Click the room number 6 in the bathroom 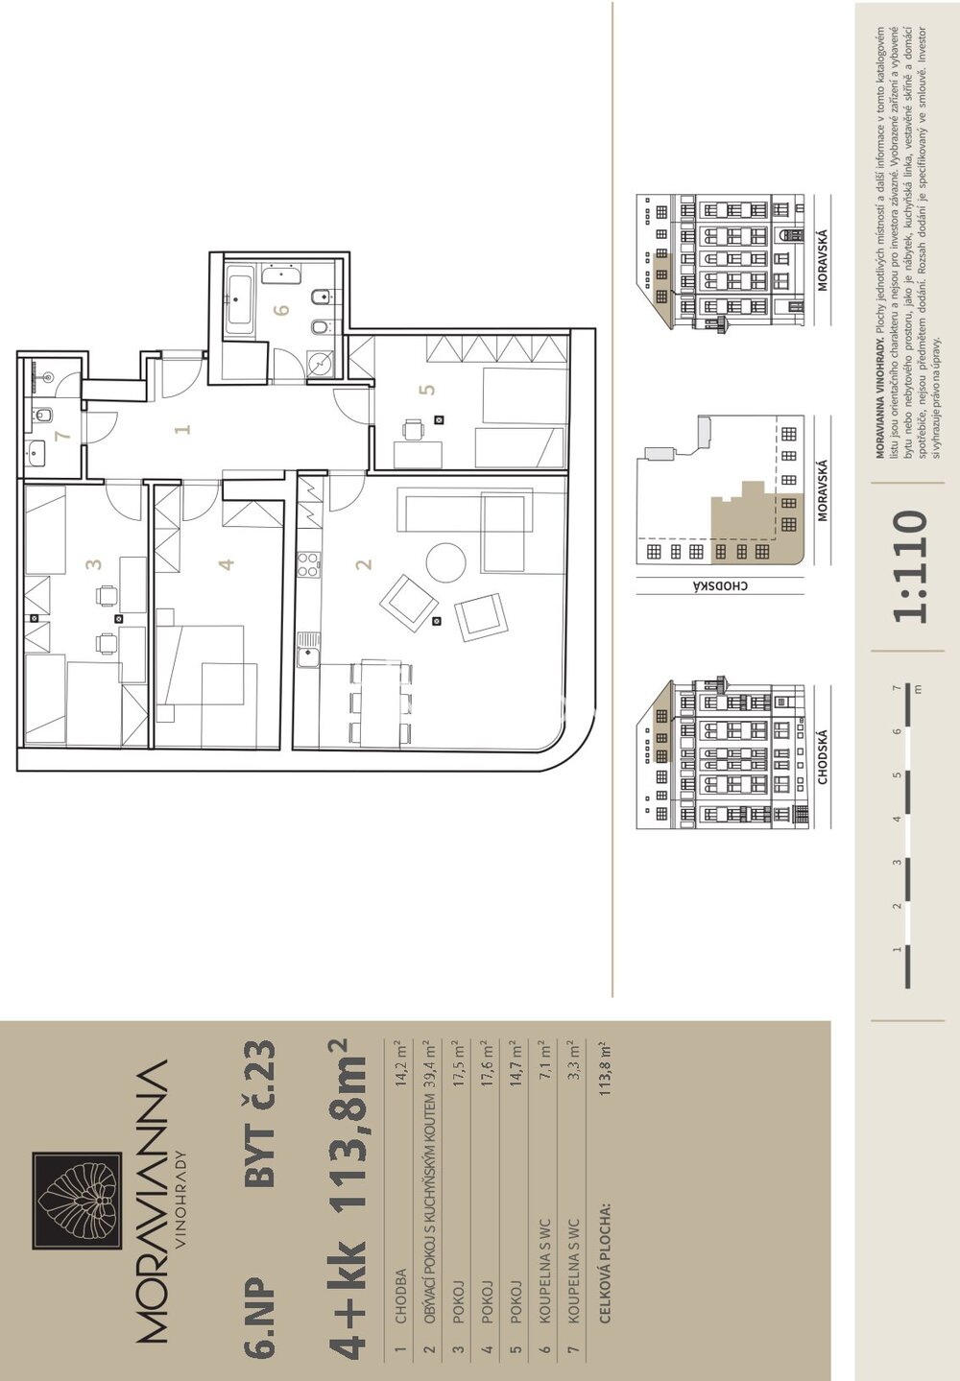pyautogui.click(x=281, y=309)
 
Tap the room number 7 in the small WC pyautogui.click(x=61, y=436)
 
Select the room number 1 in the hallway pyautogui.click(x=181, y=428)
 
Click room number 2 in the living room pyautogui.click(x=365, y=563)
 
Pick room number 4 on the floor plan pyautogui.click(x=227, y=563)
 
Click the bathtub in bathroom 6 pyautogui.click(x=239, y=305)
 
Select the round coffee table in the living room pyautogui.click(x=445, y=561)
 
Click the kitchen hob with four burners pyautogui.click(x=308, y=564)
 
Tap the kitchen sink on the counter pyautogui.click(x=307, y=650)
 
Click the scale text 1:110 pyautogui.click(x=910, y=566)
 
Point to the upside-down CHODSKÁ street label pyautogui.click(x=720, y=585)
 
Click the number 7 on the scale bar pyautogui.click(x=898, y=687)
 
